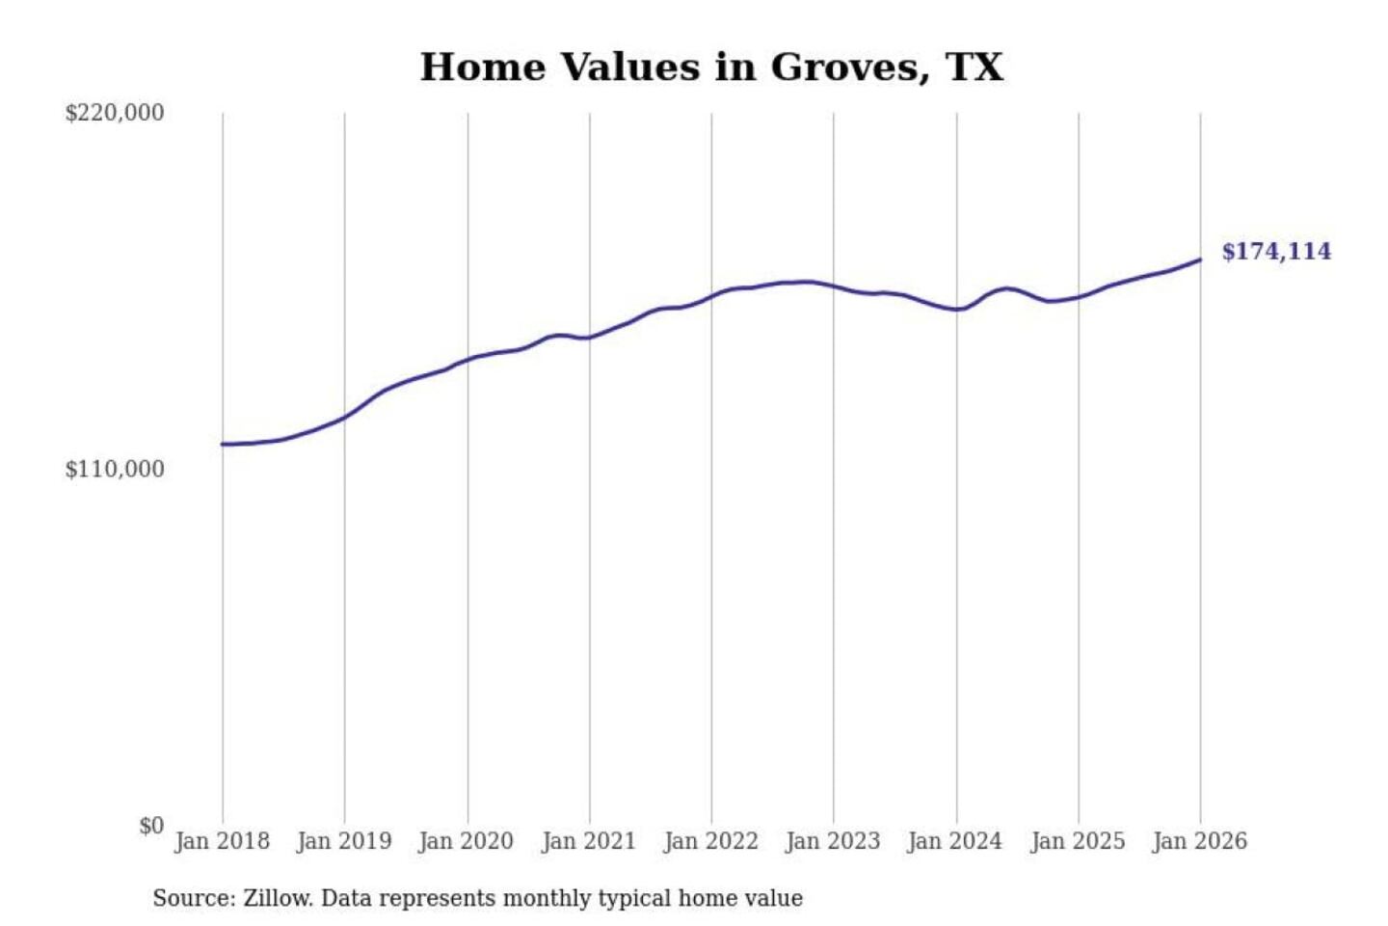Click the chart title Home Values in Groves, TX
[x=711, y=68]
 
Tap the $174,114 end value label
[x=1275, y=252]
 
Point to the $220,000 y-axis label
[x=114, y=113]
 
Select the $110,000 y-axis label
[x=114, y=470]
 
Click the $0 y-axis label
[x=150, y=826]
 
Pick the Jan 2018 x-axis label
[x=222, y=841]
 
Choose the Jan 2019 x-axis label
[x=344, y=841]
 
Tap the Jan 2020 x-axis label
[x=466, y=841]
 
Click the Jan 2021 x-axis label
[x=589, y=841]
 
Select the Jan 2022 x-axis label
[x=711, y=841]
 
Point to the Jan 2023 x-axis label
[x=833, y=841]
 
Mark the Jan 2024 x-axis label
[x=955, y=841]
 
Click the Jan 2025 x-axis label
[x=1078, y=841]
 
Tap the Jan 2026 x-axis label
[x=1200, y=841]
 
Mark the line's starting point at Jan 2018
[x=223, y=444]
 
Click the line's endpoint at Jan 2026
[x=1200, y=259]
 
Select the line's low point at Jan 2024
[x=957, y=310]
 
